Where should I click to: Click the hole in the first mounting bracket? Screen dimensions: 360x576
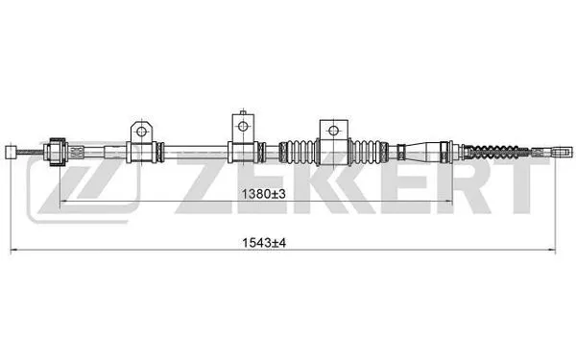click(140, 131)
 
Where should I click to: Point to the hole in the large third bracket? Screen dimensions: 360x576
click(333, 130)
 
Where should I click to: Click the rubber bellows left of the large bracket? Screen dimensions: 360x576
click(299, 151)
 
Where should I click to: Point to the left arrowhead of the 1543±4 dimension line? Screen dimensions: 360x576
click(12, 251)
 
